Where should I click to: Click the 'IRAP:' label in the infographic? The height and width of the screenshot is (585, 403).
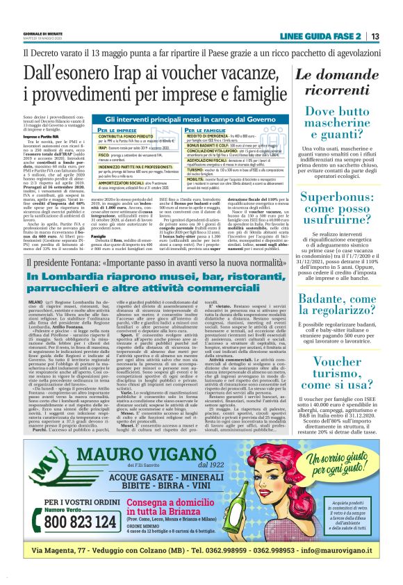tap(85, 147)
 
